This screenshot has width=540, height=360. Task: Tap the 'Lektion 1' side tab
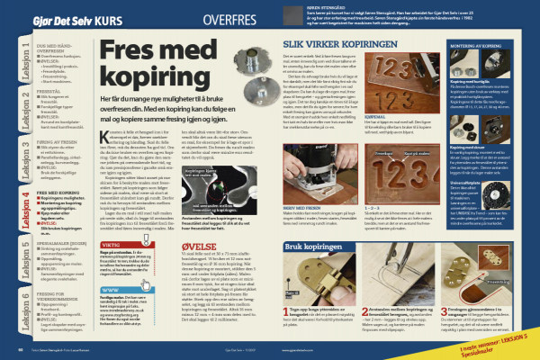click(x=15, y=58)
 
